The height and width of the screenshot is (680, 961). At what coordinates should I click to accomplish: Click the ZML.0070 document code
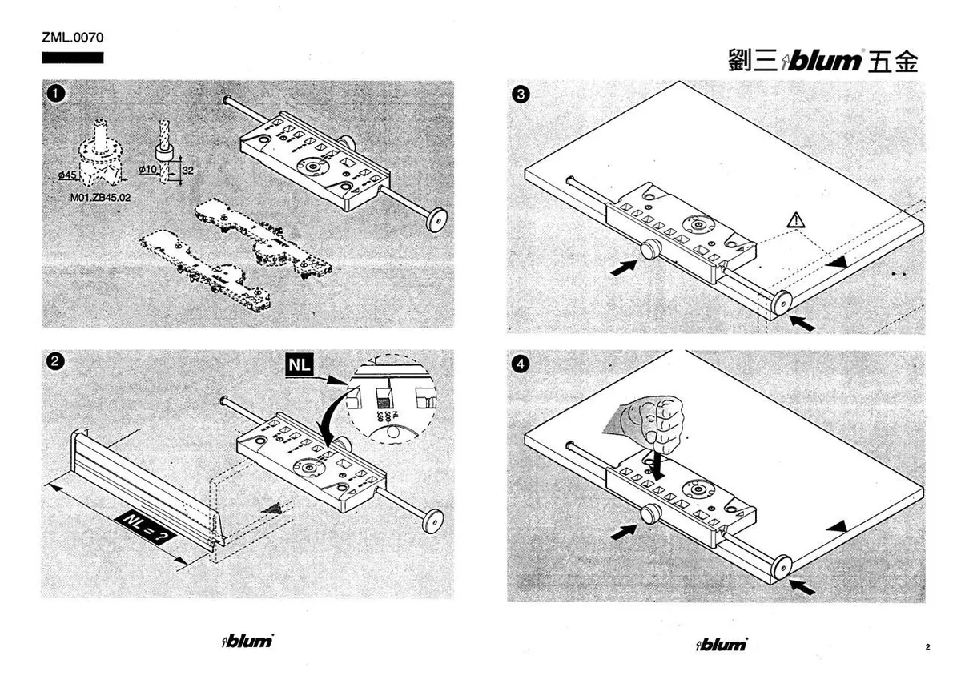(x=73, y=38)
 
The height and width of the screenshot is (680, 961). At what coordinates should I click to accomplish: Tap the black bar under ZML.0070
(x=73, y=58)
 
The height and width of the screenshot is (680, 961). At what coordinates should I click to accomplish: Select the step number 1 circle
(x=54, y=94)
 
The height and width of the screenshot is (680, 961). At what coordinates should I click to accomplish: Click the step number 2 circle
(x=54, y=361)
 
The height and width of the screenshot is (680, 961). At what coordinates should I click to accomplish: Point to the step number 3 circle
(x=521, y=95)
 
